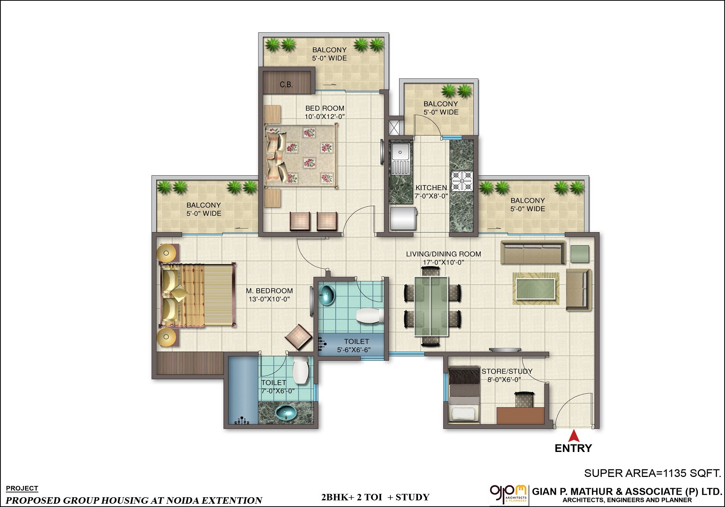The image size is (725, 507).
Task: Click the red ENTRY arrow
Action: (573, 435)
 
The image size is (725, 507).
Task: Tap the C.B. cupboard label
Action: (286, 84)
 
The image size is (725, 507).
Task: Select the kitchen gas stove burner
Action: (462, 180)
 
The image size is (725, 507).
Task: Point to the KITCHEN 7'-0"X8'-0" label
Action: (431, 192)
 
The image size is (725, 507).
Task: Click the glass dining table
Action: (431, 306)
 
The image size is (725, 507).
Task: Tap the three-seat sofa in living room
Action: (533, 252)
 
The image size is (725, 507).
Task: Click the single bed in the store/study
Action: (464, 394)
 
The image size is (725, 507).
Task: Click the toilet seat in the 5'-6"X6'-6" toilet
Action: (369, 315)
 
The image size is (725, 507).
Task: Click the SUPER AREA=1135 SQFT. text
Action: (652, 473)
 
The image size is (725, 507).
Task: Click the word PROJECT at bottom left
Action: (22, 488)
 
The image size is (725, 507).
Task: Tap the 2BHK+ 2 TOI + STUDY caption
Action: (375, 497)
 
